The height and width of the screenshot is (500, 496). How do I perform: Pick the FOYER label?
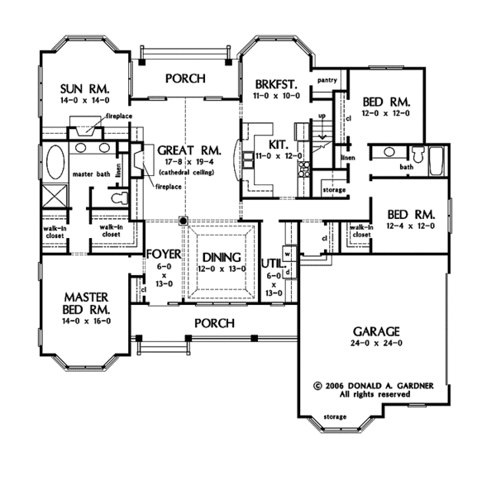pyautogui.click(x=165, y=255)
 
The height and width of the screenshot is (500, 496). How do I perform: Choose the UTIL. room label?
pyautogui.click(x=274, y=264)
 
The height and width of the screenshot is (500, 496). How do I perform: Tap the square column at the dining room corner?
pyautogui.click(x=184, y=221)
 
